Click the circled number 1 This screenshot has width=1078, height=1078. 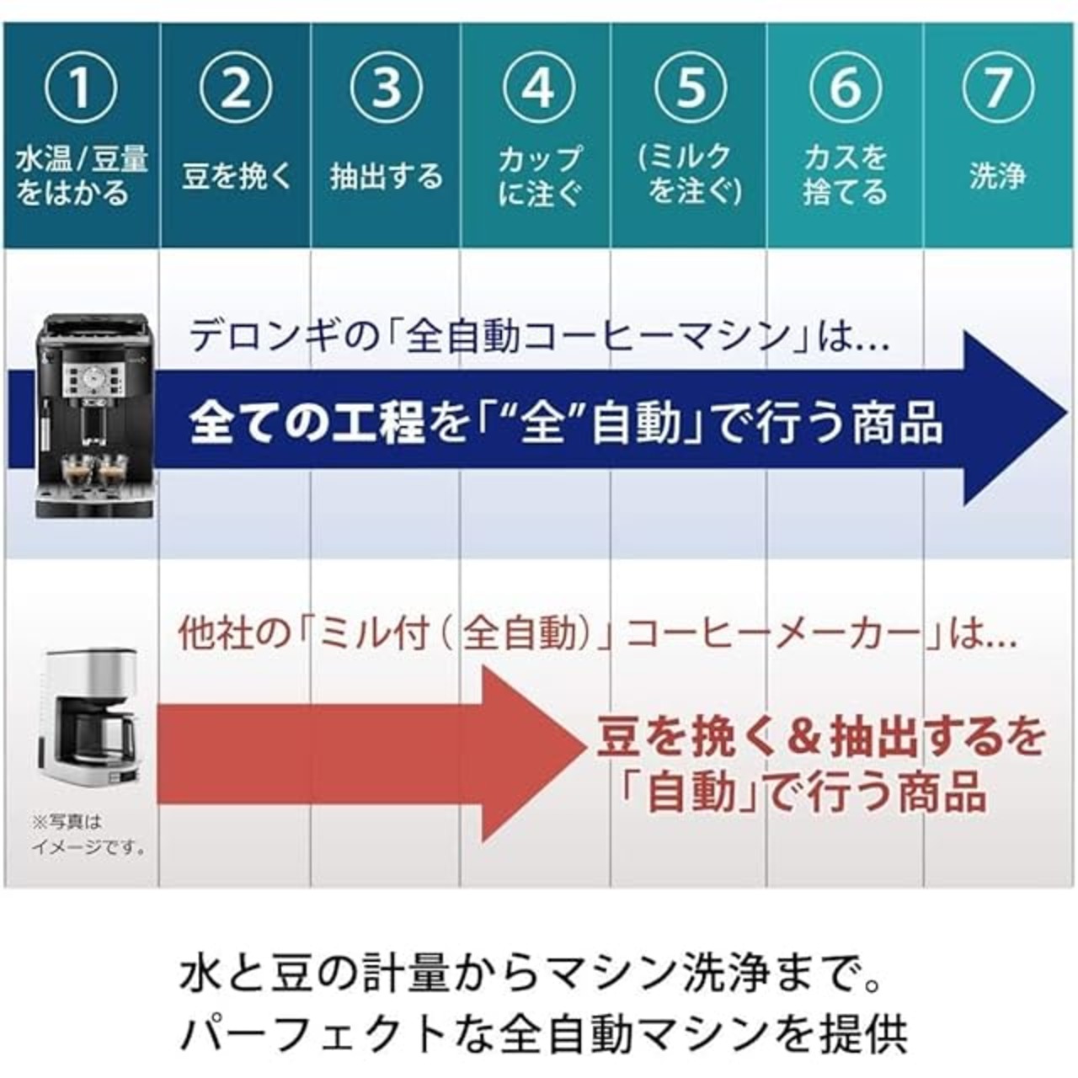tap(82, 88)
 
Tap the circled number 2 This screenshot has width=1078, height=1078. tap(236, 88)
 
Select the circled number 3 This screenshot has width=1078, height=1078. tap(386, 88)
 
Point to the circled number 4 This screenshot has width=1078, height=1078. tap(538, 88)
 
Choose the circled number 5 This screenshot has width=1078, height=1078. tap(691, 88)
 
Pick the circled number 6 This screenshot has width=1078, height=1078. tap(846, 88)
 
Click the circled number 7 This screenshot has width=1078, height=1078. tap(998, 88)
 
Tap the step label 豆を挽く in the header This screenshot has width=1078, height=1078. tap(237, 176)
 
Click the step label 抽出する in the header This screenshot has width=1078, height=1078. tap(386, 176)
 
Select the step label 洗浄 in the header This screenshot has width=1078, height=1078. tap(998, 176)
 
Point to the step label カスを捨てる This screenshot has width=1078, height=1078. tap(846, 175)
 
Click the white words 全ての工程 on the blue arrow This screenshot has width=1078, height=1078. tap(307, 423)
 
